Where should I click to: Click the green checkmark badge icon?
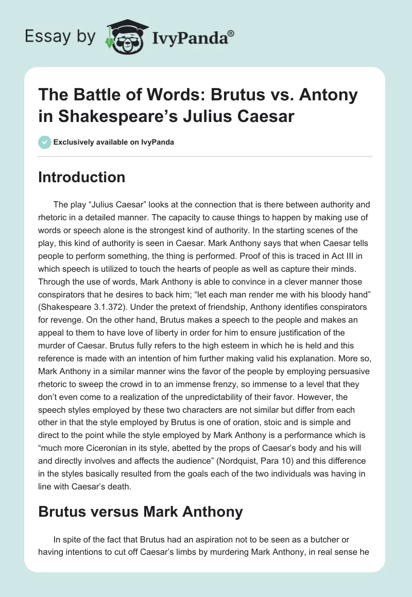coord(44,142)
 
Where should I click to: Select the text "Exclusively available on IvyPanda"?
coord(113,142)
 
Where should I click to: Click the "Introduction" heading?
coord(82,177)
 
